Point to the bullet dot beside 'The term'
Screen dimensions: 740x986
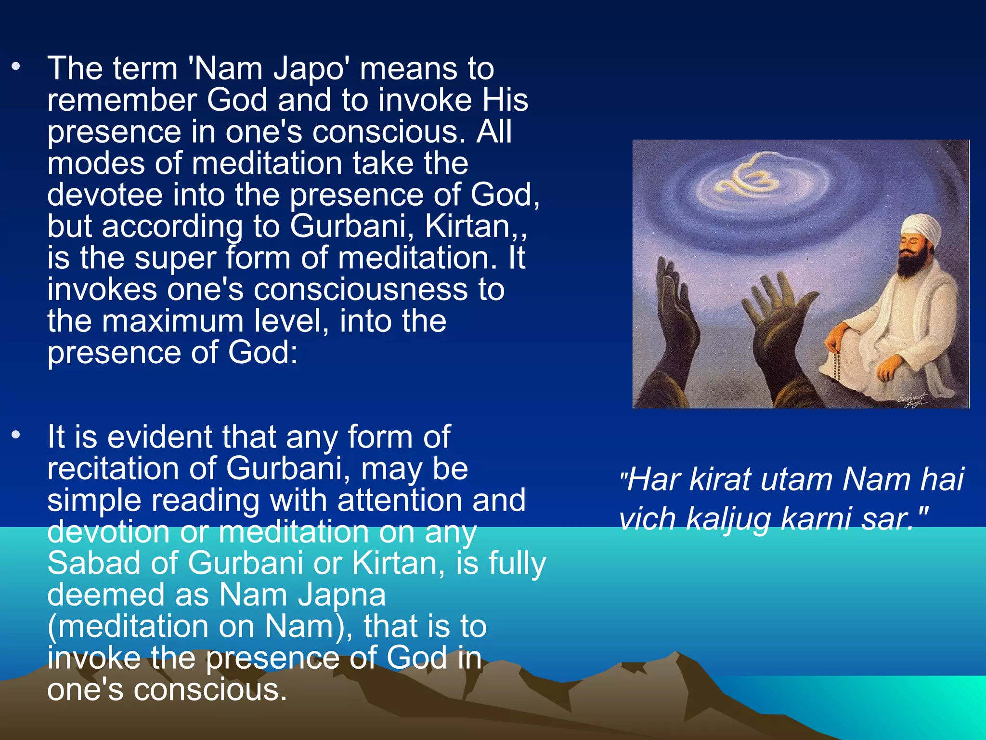(x=16, y=66)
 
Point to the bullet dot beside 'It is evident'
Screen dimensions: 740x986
(x=16, y=435)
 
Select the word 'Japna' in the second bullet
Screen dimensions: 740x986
(x=342, y=595)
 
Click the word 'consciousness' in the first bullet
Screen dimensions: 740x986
(x=361, y=290)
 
